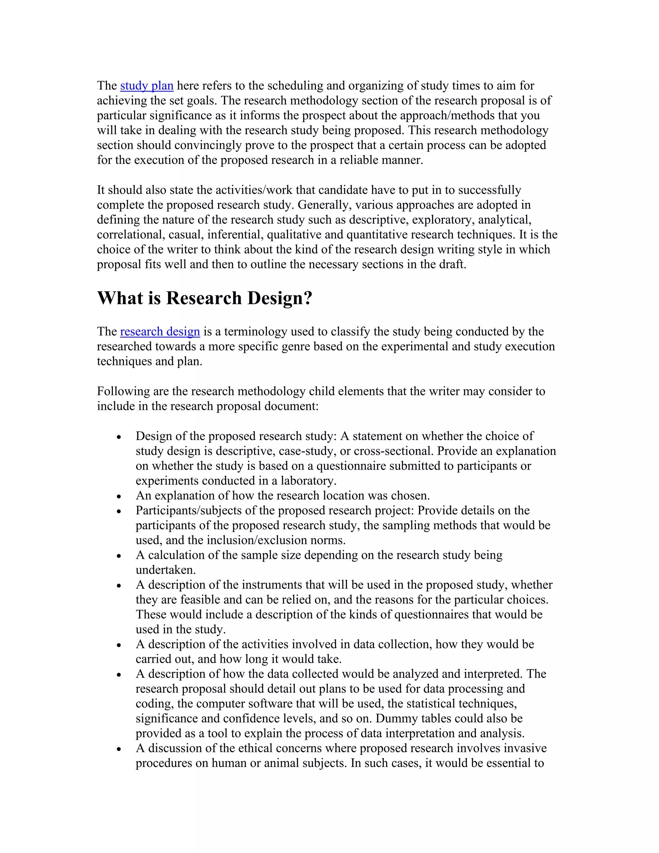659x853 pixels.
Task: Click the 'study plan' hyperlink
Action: (x=146, y=86)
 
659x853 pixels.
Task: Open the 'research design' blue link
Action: (x=160, y=332)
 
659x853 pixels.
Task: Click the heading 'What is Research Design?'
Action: (x=205, y=298)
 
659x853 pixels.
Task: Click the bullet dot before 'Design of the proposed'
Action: (x=119, y=437)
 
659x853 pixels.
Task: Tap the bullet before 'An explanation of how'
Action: (x=119, y=496)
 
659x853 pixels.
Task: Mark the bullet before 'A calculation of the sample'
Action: (x=119, y=556)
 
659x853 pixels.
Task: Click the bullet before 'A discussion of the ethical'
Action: (x=119, y=749)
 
